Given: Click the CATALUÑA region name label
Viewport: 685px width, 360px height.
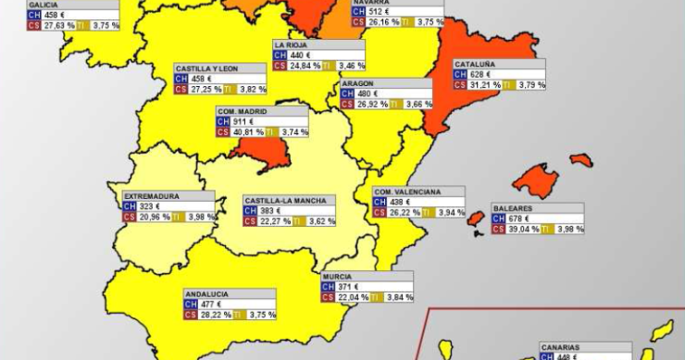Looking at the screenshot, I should (475, 64).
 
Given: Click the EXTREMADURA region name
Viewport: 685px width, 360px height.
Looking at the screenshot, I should (152, 196).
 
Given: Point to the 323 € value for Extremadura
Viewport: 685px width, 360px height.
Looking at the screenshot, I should (151, 206).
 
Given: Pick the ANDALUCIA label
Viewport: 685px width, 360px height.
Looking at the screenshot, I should (206, 293).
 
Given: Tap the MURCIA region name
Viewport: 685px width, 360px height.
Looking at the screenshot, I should (336, 277).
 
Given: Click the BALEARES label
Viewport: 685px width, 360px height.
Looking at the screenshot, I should (512, 208).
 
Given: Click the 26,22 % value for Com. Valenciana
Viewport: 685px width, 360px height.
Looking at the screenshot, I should (405, 212).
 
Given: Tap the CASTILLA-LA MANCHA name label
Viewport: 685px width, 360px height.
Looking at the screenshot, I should (278, 200).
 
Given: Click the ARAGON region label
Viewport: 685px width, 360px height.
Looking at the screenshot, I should (357, 83).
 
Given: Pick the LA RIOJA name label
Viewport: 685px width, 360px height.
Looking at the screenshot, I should (292, 44).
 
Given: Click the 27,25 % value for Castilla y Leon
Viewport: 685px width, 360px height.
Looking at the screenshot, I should (207, 90).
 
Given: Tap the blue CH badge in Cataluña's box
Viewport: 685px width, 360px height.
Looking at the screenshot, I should (460, 74).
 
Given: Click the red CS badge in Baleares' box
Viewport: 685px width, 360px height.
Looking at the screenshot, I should (498, 230).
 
